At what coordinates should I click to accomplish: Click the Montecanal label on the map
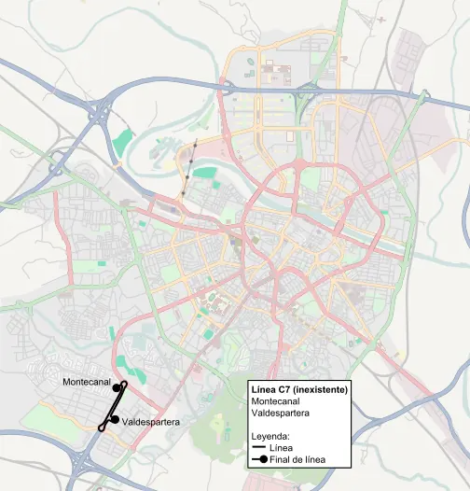(x=87, y=383)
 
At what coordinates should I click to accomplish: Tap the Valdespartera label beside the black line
(x=149, y=423)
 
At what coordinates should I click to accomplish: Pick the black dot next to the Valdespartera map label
(x=114, y=419)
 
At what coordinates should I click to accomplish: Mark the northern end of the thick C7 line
(x=124, y=383)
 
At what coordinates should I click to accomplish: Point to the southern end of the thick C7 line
(x=102, y=428)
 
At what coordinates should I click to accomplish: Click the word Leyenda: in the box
(x=271, y=436)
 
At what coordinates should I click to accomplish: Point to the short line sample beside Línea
(x=258, y=449)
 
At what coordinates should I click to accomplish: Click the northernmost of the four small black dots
(x=197, y=146)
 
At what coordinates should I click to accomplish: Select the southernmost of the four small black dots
(x=184, y=192)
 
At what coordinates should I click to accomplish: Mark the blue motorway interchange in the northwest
(x=97, y=114)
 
